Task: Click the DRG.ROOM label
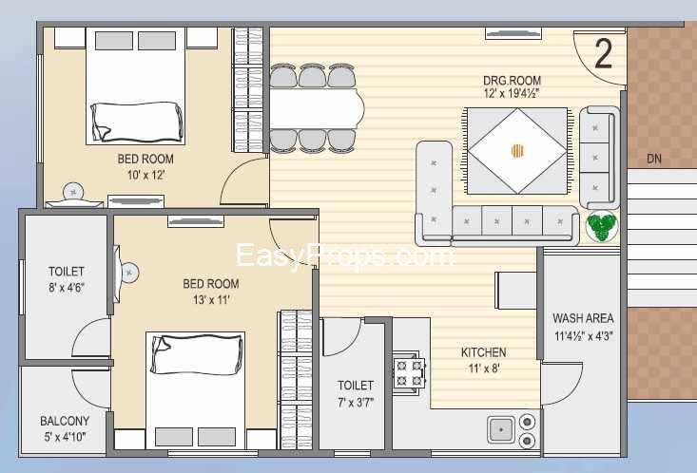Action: tap(513, 81)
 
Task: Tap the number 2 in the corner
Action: tap(603, 54)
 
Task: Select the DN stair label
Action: tap(654, 159)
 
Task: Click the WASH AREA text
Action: tap(583, 318)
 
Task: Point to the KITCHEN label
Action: tap(484, 352)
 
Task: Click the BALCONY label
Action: tap(65, 421)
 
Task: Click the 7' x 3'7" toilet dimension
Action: tap(356, 402)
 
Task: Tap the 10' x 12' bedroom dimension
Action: tap(145, 176)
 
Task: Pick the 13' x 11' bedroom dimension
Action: tap(210, 300)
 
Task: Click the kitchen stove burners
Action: tap(409, 371)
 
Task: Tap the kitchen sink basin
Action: tap(501, 429)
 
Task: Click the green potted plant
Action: tap(602, 227)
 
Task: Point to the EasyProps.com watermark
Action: tap(343, 255)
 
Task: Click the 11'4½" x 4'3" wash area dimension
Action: tap(583, 335)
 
